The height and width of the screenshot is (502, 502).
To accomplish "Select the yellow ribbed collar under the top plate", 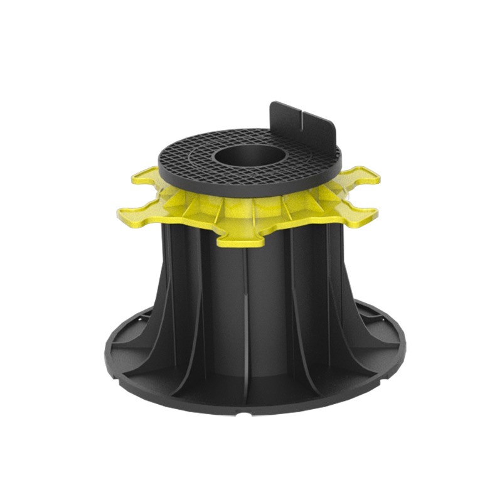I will pyautogui.click(x=264, y=207).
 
